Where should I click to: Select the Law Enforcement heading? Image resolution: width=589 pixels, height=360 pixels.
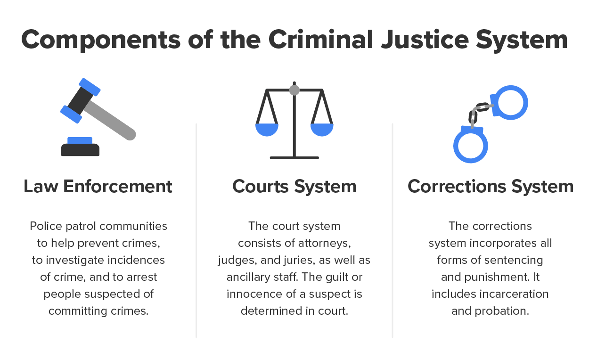[98, 187]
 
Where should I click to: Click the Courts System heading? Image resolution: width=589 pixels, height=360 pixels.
[294, 187]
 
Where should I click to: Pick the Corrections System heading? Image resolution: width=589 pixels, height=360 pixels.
[491, 187]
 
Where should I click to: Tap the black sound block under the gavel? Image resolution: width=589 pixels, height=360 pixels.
[80, 150]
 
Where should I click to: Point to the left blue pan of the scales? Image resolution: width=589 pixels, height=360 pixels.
[267, 130]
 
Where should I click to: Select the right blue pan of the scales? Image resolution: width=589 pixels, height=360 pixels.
[322, 130]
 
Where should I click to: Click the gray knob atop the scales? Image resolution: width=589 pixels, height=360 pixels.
[294, 90]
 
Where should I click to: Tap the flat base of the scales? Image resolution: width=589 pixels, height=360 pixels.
[294, 157]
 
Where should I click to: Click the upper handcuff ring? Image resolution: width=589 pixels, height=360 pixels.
[512, 102]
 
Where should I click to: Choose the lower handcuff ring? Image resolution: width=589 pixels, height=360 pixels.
[471, 146]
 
